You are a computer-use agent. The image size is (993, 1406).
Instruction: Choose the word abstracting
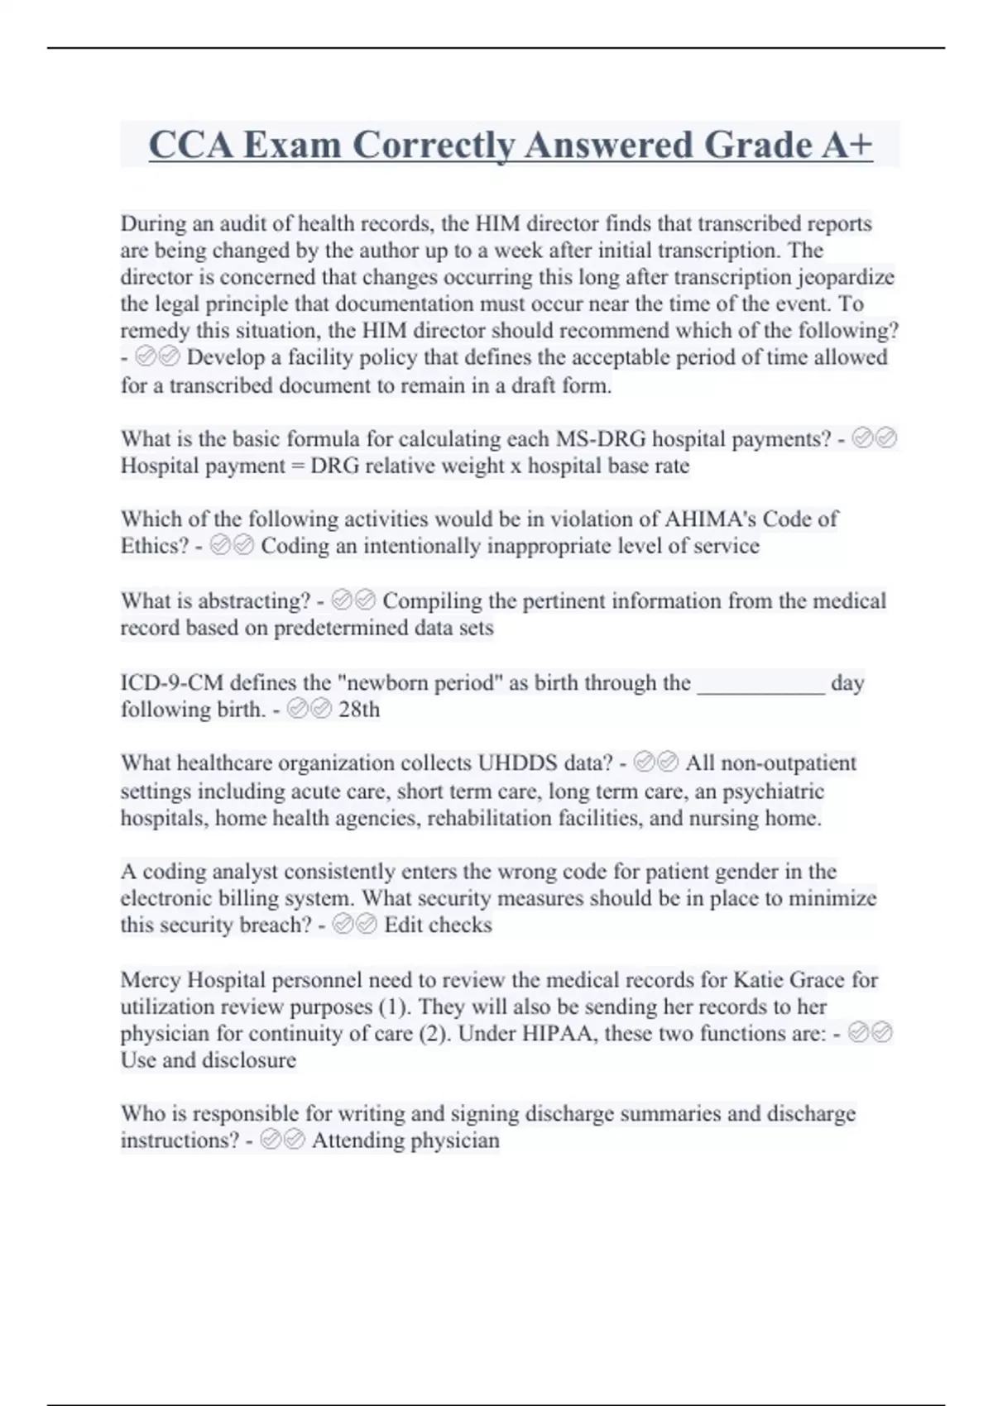click(x=254, y=600)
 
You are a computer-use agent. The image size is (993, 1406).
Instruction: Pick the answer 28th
click(x=359, y=710)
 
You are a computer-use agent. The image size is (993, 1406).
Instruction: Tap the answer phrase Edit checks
click(x=438, y=925)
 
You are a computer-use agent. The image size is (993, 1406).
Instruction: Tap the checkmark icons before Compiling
click(x=353, y=600)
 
